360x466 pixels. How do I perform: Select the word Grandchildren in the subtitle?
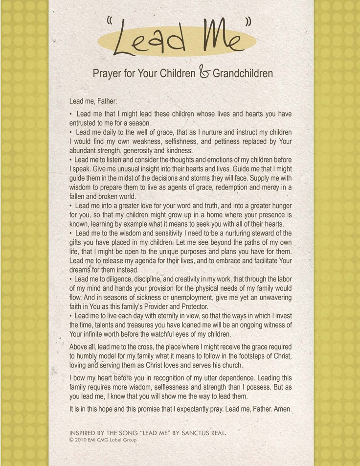[x=243, y=74]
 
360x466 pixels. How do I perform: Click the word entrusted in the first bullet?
[x=85, y=123]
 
